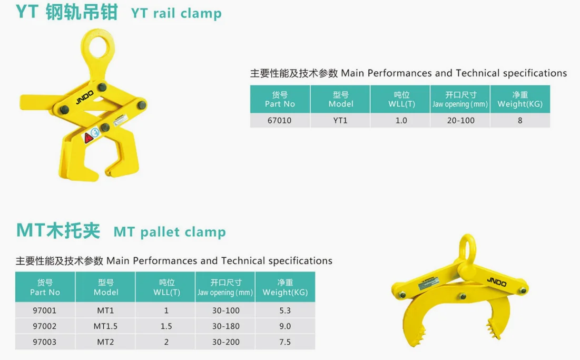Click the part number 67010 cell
point(279,120)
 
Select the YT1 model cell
point(341,120)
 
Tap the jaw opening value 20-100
point(460,120)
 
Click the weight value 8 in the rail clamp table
point(520,120)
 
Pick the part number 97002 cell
point(45,326)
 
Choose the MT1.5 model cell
point(105,326)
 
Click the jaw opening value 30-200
point(225,342)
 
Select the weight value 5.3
point(285,310)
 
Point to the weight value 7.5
point(285,342)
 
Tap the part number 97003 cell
point(45,342)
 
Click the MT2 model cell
point(105,342)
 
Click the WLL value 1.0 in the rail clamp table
point(401,120)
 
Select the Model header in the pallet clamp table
point(105,287)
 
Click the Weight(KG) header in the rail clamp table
point(520,99)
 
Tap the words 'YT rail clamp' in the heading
point(176,13)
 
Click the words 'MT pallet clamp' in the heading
point(170,232)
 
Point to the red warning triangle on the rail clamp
point(88,138)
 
